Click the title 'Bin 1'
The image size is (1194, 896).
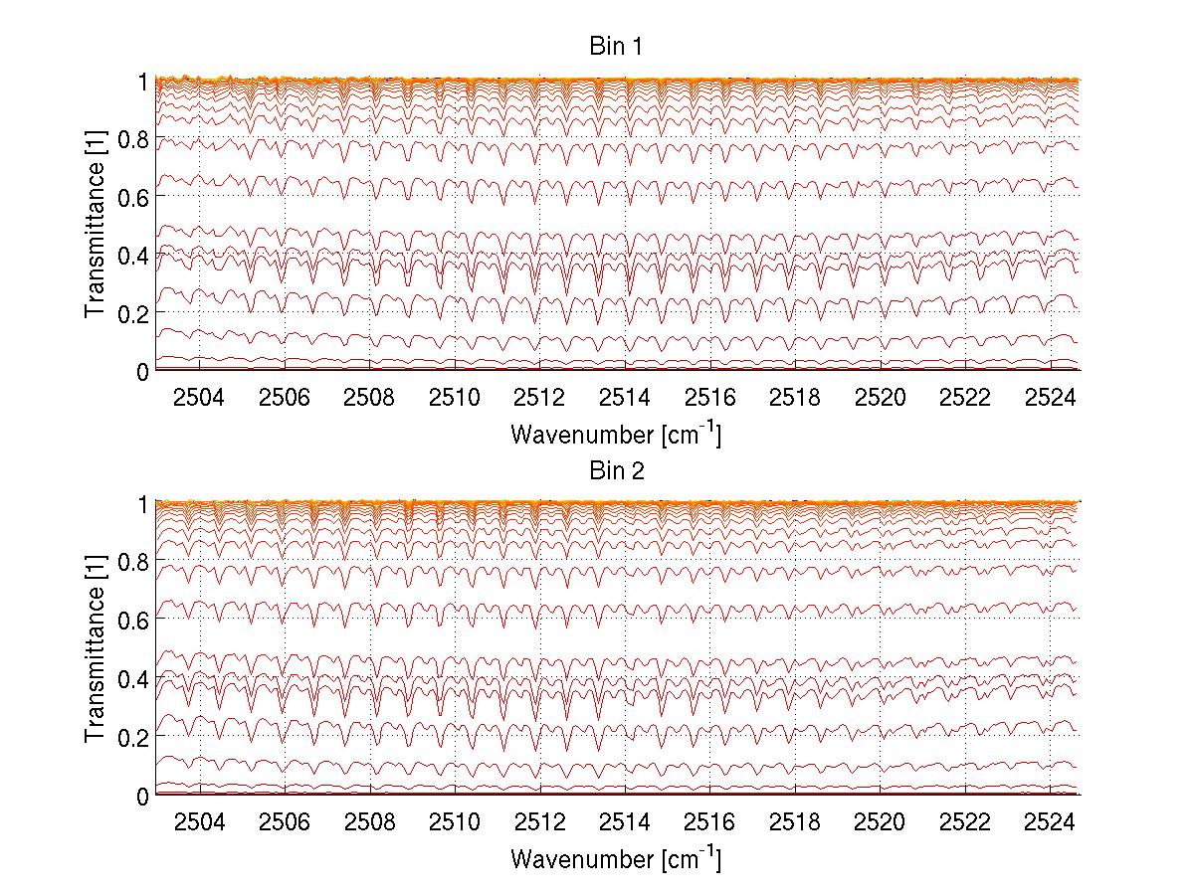[617, 47]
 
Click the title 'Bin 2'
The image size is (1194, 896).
[617, 470]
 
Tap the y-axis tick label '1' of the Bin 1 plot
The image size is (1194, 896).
[142, 82]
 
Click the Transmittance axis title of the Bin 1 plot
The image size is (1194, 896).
[96, 226]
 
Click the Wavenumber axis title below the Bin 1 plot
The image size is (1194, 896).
[617, 435]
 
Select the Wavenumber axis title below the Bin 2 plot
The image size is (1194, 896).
[617, 858]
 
